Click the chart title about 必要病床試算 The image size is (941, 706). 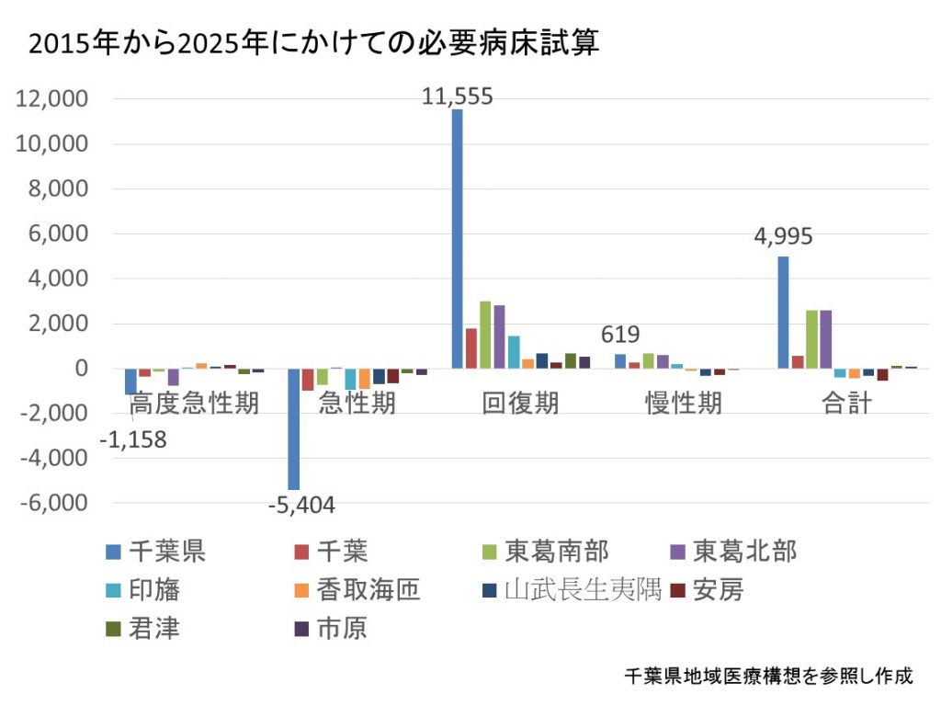[x=313, y=43]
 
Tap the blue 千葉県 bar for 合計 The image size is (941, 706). [x=783, y=313]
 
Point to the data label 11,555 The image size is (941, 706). [x=458, y=96]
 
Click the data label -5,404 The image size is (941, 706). [x=301, y=504]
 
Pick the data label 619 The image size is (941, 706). [x=619, y=335]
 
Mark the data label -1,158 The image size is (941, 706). [x=133, y=439]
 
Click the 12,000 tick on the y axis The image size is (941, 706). [x=52, y=99]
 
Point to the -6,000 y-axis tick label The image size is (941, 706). [x=52, y=504]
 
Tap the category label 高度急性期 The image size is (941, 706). [x=194, y=403]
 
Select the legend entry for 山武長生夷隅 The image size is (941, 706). [x=583, y=590]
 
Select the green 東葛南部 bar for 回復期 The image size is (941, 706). [x=485, y=335]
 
